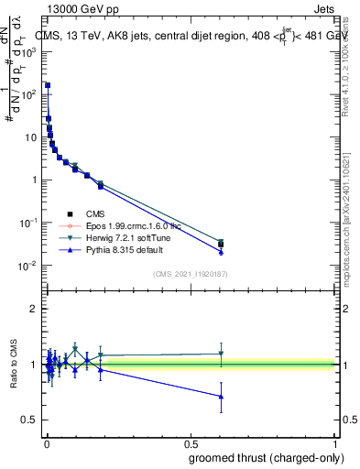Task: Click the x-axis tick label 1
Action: (334, 443)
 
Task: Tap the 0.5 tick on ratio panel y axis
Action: (29, 420)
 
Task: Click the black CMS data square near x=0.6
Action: (221, 244)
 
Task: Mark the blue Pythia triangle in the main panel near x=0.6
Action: (221, 251)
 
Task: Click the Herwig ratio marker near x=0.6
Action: (221, 354)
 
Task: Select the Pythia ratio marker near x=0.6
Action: (221, 397)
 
